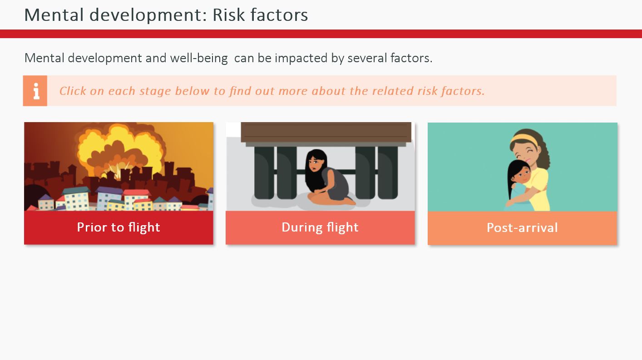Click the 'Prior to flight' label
tap(119, 227)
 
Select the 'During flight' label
tap(320, 227)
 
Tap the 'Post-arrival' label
tap(522, 228)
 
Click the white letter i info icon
tap(36, 91)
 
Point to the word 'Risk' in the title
tap(228, 15)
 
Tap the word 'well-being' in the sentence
tap(199, 58)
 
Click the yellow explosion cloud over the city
tap(120, 149)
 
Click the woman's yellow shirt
tap(539, 189)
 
